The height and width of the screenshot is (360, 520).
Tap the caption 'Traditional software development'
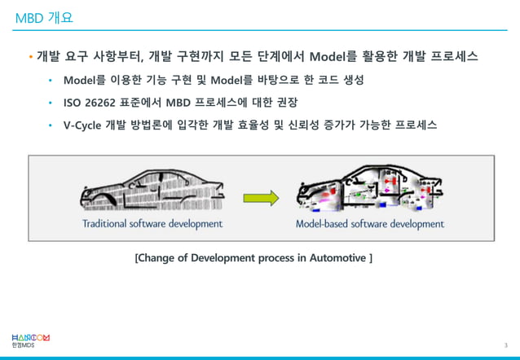pyautogui.click(x=152, y=223)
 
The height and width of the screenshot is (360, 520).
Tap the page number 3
pyautogui.click(x=505, y=346)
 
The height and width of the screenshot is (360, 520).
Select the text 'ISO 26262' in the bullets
pyautogui.click(x=90, y=103)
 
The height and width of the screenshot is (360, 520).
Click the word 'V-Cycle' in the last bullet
pyautogui.click(x=84, y=125)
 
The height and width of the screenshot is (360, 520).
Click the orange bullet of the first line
pyautogui.click(x=30, y=58)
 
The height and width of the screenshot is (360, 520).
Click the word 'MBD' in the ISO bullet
pyautogui.click(x=179, y=103)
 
